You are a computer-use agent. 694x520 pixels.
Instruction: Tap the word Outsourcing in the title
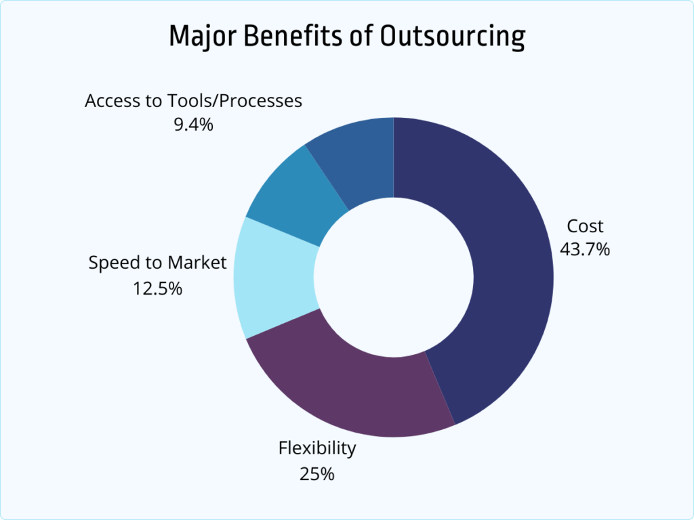[451, 37]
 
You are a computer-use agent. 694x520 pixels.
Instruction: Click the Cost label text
[584, 226]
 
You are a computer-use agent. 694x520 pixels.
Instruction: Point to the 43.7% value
[584, 249]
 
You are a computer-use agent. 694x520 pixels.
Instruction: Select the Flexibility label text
[317, 448]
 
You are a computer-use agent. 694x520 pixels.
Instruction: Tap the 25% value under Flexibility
[317, 473]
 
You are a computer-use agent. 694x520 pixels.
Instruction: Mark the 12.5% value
[157, 288]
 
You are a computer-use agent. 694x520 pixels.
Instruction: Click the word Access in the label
[110, 101]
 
